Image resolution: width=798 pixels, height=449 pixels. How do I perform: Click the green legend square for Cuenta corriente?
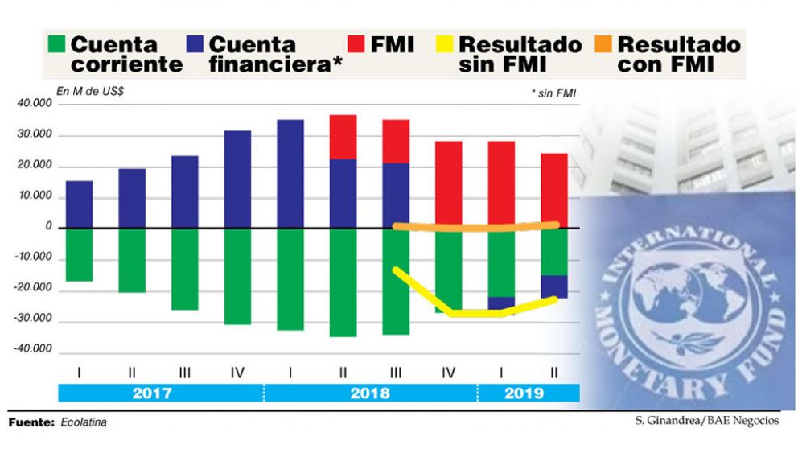[x=56, y=43]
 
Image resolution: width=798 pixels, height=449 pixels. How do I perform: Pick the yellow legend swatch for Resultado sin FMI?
[x=445, y=43]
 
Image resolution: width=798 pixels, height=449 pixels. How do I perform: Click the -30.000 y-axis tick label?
[x=34, y=319]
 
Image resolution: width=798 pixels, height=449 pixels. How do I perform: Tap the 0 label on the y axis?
[x=49, y=228]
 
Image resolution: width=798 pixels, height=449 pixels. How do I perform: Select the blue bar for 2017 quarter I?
[x=79, y=204]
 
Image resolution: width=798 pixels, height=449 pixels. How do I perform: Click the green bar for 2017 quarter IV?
[x=238, y=276]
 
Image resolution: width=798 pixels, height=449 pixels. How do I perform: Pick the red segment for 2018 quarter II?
[x=343, y=137]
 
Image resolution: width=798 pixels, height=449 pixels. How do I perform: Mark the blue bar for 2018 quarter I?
[x=290, y=174]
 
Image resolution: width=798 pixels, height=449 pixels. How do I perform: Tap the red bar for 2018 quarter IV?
[x=449, y=184]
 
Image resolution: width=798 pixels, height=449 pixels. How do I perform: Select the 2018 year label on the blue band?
[x=370, y=393]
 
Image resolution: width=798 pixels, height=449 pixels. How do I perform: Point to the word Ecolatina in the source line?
[x=84, y=422]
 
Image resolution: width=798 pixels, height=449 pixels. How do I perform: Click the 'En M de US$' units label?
[x=90, y=91]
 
